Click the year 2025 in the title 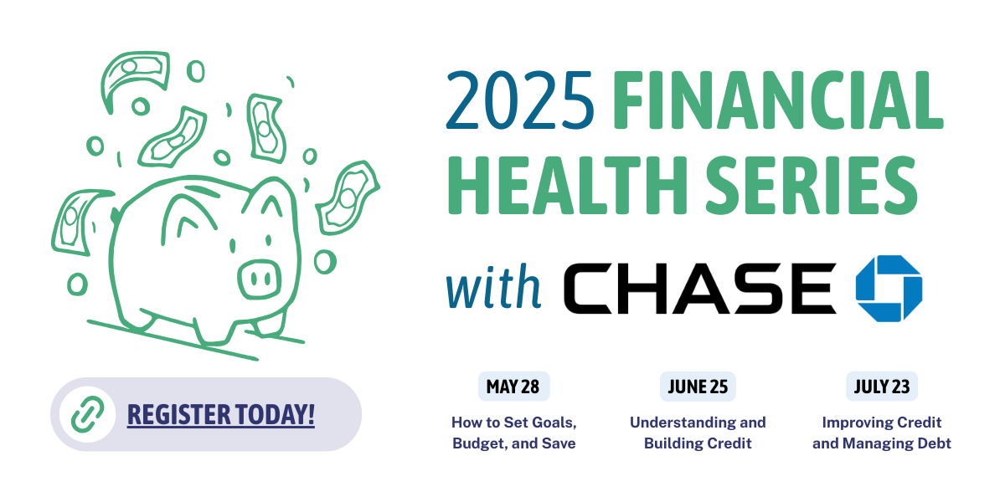(520, 100)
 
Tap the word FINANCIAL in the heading (778, 100)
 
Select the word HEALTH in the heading (567, 185)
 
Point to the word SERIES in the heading (812, 185)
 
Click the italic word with (493, 287)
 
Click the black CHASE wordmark (700, 288)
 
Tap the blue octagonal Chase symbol (889, 288)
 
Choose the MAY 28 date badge (513, 387)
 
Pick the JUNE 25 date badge (698, 387)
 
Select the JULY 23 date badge (882, 387)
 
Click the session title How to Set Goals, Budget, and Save (513, 433)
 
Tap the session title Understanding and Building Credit (698, 433)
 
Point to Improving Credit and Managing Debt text (882, 433)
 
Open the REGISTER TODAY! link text (221, 415)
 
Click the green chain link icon (87, 415)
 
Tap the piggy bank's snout (260, 279)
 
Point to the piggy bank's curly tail (116, 216)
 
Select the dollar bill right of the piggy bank (348, 197)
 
